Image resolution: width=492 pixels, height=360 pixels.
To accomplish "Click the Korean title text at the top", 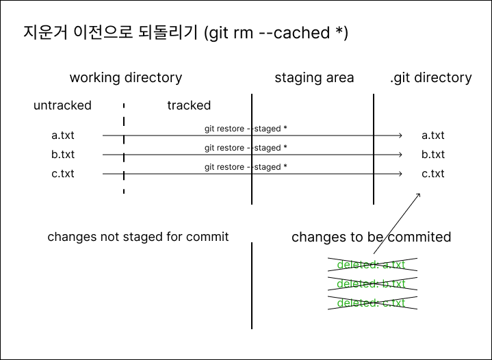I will click(185, 33).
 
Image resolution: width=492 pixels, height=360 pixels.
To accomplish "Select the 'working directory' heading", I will click(126, 77).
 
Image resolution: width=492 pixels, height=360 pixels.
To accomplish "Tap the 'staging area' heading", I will click(314, 77).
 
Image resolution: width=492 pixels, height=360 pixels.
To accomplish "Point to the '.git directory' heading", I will click(430, 77).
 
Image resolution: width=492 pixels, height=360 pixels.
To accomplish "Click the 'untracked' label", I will click(62, 105).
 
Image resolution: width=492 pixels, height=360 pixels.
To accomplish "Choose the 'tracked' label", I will click(189, 105).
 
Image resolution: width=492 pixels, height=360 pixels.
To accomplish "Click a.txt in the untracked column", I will click(63, 136).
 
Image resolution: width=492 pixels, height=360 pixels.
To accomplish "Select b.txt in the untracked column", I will click(63, 155).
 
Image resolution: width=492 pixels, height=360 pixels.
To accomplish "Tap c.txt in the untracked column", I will click(63, 174).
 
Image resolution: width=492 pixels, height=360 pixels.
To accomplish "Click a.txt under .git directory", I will click(432, 136).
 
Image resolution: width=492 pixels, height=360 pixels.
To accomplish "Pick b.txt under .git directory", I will click(432, 155).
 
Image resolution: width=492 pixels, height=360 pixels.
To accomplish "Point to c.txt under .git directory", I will click(432, 174).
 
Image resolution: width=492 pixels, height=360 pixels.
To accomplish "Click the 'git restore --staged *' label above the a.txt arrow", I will click(246, 129).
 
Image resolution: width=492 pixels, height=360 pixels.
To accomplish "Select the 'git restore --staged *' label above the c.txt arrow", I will click(246, 167).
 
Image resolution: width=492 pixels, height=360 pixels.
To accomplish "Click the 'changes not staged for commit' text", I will click(138, 237).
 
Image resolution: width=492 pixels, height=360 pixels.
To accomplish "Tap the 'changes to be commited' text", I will click(371, 237).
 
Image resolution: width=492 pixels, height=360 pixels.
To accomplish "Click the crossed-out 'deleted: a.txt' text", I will click(371, 265).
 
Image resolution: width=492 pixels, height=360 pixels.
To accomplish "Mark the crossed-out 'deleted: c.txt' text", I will click(371, 303).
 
